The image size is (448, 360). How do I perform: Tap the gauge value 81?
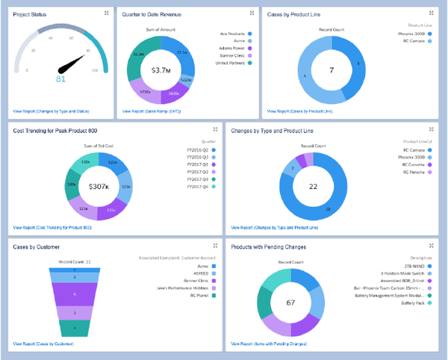point(60,78)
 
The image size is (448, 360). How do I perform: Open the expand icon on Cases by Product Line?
point(432,13)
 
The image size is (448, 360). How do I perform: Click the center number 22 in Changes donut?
point(314,186)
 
